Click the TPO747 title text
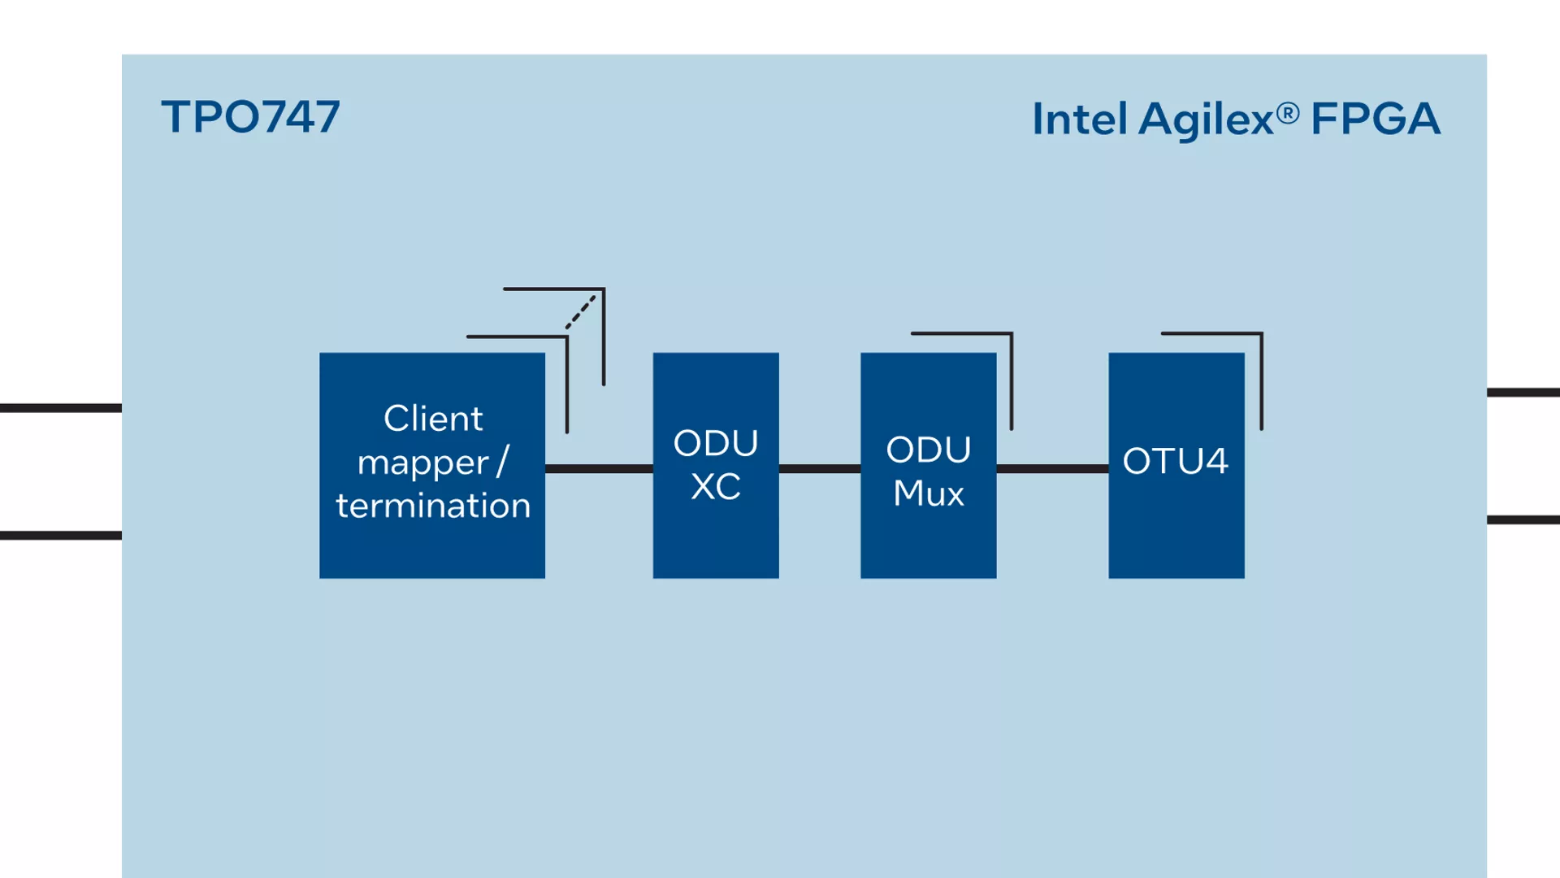[x=250, y=117]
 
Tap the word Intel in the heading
[x=1080, y=119]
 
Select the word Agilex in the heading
[x=1206, y=120]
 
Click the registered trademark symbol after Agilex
[x=1288, y=113]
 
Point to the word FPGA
[x=1376, y=119]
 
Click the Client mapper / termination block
[x=432, y=465]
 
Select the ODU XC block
[x=716, y=465]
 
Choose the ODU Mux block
[x=929, y=465]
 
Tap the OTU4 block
[x=1176, y=465]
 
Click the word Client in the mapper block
[x=433, y=419]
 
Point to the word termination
[x=433, y=506]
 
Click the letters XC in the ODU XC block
[x=716, y=487]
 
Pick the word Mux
[x=929, y=493]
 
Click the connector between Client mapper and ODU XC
[x=599, y=468]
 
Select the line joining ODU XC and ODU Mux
[x=820, y=468]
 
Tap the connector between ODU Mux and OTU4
[x=1052, y=468]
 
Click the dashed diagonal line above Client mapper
[x=581, y=312]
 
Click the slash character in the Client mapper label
[x=502, y=462]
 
